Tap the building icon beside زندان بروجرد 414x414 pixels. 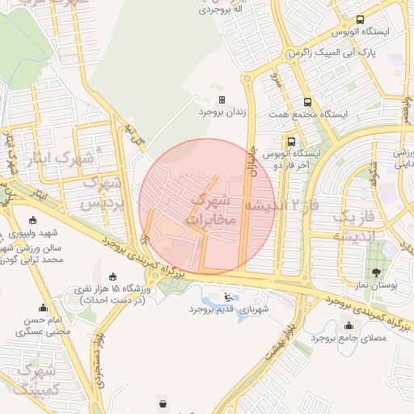[222, 99]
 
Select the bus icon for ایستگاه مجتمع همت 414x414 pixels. [307, 102]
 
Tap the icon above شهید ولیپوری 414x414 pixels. [32, 221]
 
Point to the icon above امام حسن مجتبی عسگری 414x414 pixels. [43, 307]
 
